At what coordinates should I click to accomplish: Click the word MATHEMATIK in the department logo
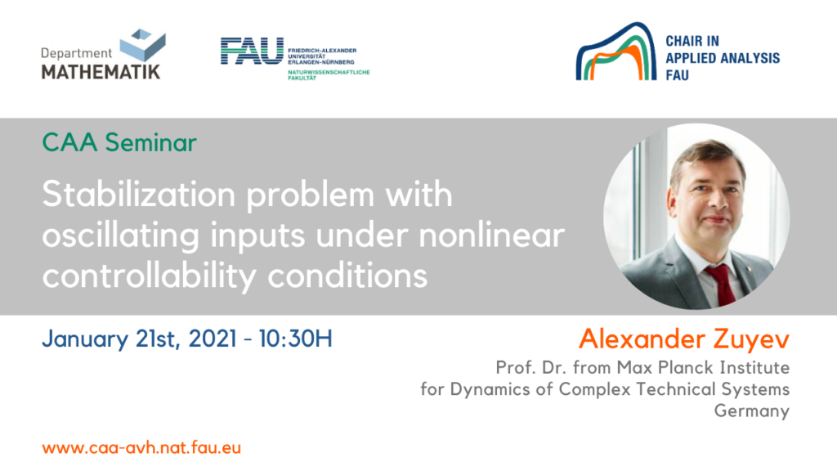[101, 72]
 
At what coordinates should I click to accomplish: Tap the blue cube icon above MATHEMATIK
[142, 45]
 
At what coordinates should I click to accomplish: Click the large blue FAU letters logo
[252, 51]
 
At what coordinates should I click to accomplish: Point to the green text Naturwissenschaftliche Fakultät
[329, 74]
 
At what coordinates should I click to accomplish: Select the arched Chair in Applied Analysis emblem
[615, 52]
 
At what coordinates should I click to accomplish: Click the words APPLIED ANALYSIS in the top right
[723, 58]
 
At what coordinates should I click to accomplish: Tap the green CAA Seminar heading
[119, 142]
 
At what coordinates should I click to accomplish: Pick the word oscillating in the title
[121, 236]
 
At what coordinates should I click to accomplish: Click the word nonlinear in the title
[491, 235]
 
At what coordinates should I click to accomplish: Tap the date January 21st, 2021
[139, 339]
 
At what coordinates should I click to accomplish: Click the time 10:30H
[296, 339]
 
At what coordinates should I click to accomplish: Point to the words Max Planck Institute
[703, 367]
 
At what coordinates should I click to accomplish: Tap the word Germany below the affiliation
[752, 410]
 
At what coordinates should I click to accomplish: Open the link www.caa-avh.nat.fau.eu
[141, 447]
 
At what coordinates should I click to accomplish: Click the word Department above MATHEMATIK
[76, 53]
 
